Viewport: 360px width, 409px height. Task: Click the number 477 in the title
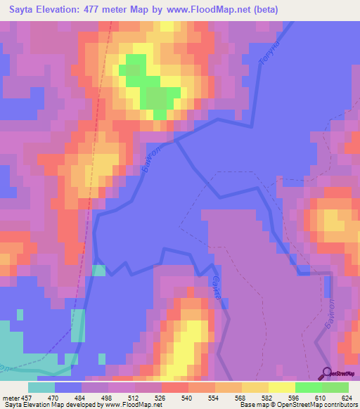tap(105, 10)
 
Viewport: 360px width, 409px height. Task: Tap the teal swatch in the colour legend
tap(41, 387)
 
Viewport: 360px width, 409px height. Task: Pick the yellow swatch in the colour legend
tap(282, 387)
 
